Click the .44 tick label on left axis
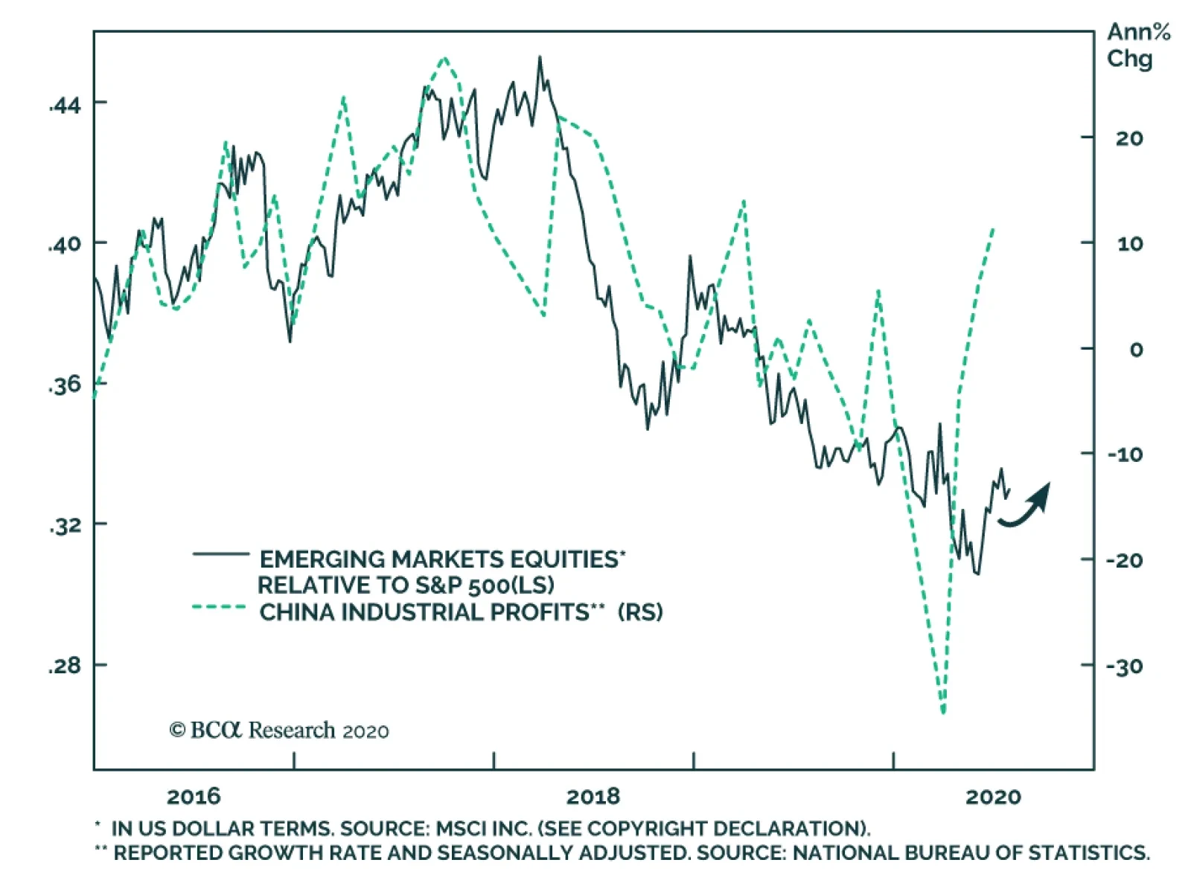click(x=65, y=105)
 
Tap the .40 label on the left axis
click(x=65, y=244)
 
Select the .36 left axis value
click(x=65, y=385)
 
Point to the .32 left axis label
click(x=65, y=525)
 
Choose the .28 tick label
click(x=65, y=665)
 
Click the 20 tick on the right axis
click(x=1128, y=138)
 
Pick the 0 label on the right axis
click(x=1136, y=350)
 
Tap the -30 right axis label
click(x=1124, y=666)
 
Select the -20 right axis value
click(x=1124, y=560)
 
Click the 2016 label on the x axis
click(x=194, y=797)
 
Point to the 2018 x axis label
click(x=593, y=797)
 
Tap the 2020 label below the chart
click(x=993, y=797)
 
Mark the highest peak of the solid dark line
click(x=540, y=57)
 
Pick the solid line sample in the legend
click(x=220, y=554)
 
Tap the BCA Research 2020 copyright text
click(x=279, y=731)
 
